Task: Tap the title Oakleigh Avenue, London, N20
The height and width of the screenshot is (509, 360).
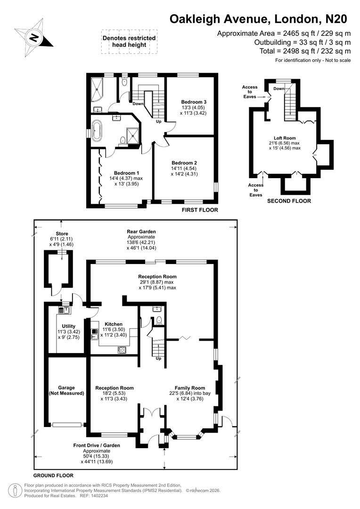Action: pos(258,19)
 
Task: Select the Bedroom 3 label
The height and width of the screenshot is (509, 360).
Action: pos(194,102)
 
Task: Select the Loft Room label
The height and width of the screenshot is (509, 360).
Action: pos(285,138)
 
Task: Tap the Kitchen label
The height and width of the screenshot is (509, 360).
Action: pos(114,324)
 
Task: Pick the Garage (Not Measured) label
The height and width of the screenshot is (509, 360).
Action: pos(66,390)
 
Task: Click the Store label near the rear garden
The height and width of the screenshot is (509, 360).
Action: pos(62,233)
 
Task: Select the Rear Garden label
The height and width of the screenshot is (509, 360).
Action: pos(141,231)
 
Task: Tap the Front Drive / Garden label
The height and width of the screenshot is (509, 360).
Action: pos(97,445)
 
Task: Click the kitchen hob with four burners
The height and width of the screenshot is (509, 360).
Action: pos(122,349)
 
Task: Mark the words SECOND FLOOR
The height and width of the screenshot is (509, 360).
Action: pos(289,201)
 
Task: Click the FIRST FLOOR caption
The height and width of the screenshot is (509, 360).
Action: pos(200,210)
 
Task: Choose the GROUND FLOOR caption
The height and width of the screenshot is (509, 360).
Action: pos(53,476)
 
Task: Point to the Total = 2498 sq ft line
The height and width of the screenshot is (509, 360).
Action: pos(305,51)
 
